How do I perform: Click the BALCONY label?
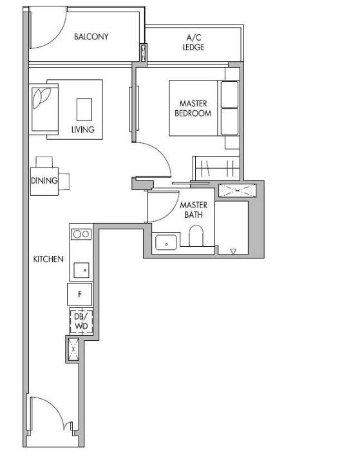point(91,37)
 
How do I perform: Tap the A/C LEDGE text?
point(193,42)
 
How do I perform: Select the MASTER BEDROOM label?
point(193,108)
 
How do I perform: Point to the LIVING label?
point(83,129)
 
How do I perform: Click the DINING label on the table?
point(44,181)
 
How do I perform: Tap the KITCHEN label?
point(48,259)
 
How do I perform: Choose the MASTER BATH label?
point(193,209)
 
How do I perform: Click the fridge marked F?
point(80,294)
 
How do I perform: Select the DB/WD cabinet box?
point(81,322)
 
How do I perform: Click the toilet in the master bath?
point(196,235)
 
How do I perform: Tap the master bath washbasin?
point(166,242)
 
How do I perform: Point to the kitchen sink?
point(81,271)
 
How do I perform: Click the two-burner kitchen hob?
point(81,235)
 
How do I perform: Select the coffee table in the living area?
point(84,109)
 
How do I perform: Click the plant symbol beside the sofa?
point(41,97)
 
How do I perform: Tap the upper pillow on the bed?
point(230,94)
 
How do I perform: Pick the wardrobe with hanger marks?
point(217,168)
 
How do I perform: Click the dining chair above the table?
point(44,162)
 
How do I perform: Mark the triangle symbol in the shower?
point(233,252)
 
